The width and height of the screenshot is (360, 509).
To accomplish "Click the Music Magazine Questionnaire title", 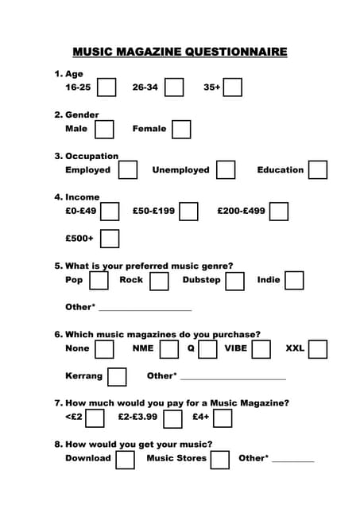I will click(x=180, y=52).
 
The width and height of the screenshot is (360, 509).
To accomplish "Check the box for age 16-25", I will click(x=106, y=87).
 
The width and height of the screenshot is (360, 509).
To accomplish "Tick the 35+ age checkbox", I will click(x=232, y=87).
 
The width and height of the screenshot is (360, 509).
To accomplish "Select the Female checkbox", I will click(x=181, y=129).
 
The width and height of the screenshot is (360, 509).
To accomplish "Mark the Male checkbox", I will click(x=104, y=129).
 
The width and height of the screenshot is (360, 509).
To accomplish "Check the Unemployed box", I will click(x=226, y=169).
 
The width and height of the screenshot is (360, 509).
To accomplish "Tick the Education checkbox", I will click(x=318, y=169).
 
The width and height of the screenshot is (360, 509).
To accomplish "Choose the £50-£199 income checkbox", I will click(x=188, y=211).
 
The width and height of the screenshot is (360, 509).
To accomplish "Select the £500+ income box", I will click(x=110, y=239).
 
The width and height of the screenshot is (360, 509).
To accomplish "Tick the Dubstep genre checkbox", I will click(x=234, y=281).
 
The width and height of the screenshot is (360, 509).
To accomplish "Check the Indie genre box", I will click(x=294, y=280).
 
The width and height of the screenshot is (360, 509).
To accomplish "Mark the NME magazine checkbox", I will click(x=169, y=349).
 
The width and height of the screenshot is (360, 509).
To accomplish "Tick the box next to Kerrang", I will click(x=117, y=376).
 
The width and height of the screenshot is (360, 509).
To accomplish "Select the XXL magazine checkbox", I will click(x=318, y=349).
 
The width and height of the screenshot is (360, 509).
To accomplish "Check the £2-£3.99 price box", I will click(x=172, y=418).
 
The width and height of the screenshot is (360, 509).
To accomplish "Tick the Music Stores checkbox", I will click(x=220, y=459).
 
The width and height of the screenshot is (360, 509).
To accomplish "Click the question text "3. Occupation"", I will click(x=86, y=156).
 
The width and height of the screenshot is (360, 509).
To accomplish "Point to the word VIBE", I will click(x=236, y=348).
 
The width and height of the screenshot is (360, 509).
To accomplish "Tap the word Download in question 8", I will click(x=88, y=458).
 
